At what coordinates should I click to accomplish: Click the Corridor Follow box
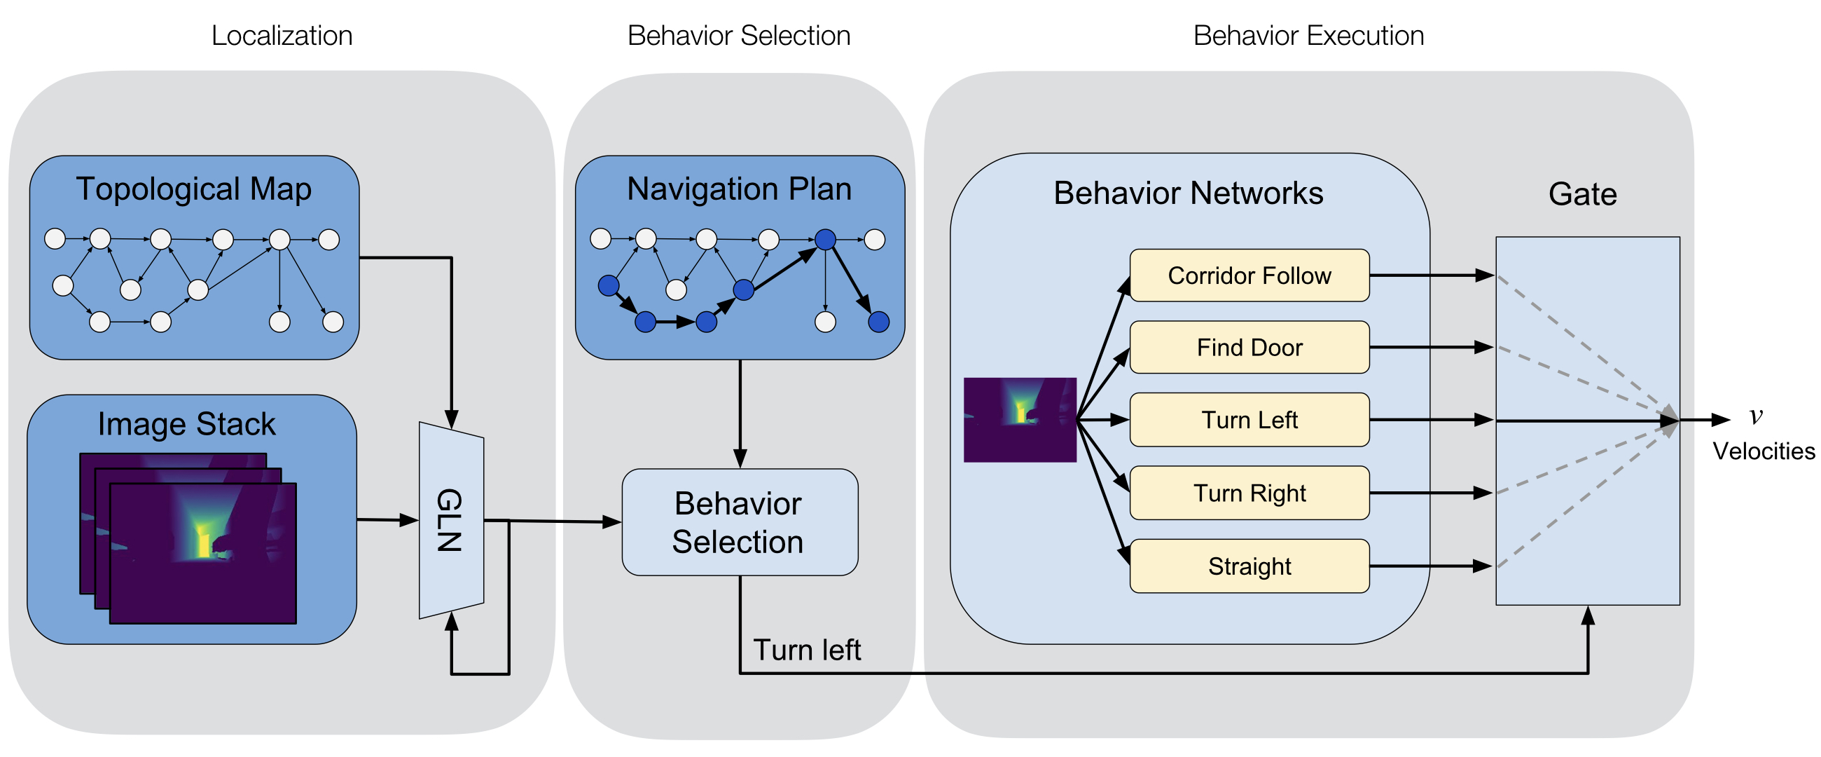(1249, 275)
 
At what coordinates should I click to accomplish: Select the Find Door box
(1249, 348)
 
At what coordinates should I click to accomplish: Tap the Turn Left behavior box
(1249, 420)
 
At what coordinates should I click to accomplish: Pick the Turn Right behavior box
(1249, 493)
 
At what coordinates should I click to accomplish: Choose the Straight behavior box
(1249, 566)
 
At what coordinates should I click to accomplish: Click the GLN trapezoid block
(451, 520)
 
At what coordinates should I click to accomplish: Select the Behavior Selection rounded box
(739, 522)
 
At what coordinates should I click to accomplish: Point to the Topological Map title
(194, 190)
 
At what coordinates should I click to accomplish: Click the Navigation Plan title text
(739, 190)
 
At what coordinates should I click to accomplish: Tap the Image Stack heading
(186, 425)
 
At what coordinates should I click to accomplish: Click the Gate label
(1582, 194)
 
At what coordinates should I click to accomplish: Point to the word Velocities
(1763, 451)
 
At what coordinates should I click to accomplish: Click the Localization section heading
(282, 36)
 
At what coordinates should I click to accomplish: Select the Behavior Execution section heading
(1308, 36)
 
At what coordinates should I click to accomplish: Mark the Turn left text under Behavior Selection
(807, 650)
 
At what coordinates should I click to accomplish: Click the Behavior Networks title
(1188, 193)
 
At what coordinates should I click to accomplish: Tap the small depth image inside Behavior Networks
(1019, 420)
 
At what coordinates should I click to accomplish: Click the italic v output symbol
(1756, 415)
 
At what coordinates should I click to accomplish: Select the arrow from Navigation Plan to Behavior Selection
(740, 414)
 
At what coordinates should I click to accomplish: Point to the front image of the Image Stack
(203, 553)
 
